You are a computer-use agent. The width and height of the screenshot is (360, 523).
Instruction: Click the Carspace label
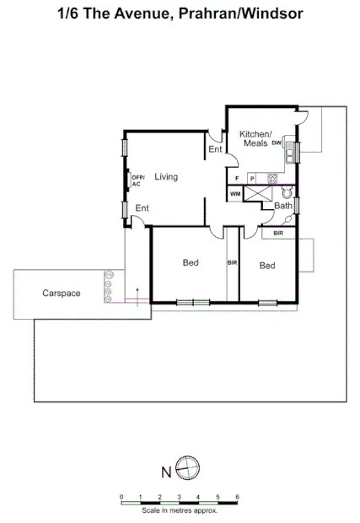point(62,293)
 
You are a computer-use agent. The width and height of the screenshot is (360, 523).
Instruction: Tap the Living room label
point(165,176)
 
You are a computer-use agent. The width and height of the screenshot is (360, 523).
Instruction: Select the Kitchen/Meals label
point(254,138)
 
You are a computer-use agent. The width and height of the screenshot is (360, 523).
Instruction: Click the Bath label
point(282,205)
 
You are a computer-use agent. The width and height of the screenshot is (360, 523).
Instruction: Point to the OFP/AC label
point(137,180)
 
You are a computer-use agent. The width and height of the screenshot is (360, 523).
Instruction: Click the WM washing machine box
point(234,194)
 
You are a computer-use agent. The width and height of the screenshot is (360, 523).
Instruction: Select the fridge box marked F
point(238,178)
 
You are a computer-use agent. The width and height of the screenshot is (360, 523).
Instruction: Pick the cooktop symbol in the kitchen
point(272,177)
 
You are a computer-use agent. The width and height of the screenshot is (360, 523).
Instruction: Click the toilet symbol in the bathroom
point(286,192)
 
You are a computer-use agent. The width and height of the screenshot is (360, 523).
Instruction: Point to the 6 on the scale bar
point(237,496)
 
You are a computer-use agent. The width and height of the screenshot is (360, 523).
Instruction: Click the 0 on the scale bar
point(121,496)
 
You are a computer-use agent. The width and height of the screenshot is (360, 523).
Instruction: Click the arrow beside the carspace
point(138,295)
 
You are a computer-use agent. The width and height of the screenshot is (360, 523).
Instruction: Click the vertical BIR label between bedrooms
point(232,264)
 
